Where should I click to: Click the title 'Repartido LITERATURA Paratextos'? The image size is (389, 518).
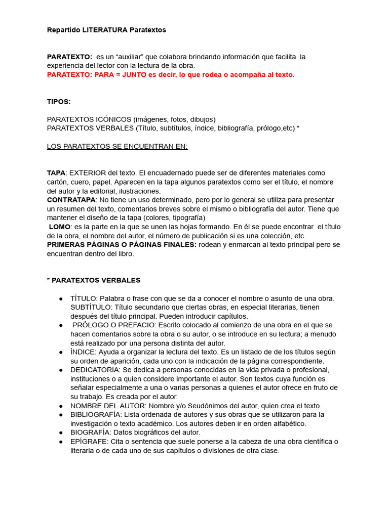click(x=106, y=30)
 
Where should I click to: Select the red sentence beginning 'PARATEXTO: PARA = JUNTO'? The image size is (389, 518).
click(x=171, y=74)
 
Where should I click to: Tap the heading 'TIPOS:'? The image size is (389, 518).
click(x=59, y=102)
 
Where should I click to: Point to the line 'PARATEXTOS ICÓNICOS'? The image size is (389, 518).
click(x=131, y=119)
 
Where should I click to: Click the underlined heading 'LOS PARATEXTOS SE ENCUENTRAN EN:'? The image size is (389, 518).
click(x=117, y=147)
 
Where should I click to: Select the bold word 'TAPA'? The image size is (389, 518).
click(x=56, y=173)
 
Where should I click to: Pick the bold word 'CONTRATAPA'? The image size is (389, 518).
click(x=71, y=200)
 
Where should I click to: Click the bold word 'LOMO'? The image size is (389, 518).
click(x=59, y=227)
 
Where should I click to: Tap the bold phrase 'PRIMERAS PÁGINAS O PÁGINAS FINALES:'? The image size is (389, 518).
click(x=122, y=245)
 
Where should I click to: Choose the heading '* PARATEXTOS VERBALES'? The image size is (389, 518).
click(x=94, y=280)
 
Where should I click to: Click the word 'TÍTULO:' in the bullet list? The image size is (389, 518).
click(x=84, y=298)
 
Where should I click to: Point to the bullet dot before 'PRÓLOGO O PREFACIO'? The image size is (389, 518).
click(x=61, y=325)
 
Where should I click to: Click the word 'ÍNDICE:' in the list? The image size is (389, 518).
click(x=84, y=352)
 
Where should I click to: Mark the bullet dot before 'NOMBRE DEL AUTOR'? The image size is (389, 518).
click(x=61, y=406)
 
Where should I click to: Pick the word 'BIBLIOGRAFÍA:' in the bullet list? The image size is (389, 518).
click(x=96, y=415)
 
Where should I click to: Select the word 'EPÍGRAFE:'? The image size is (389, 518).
click(x=89, y=442)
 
